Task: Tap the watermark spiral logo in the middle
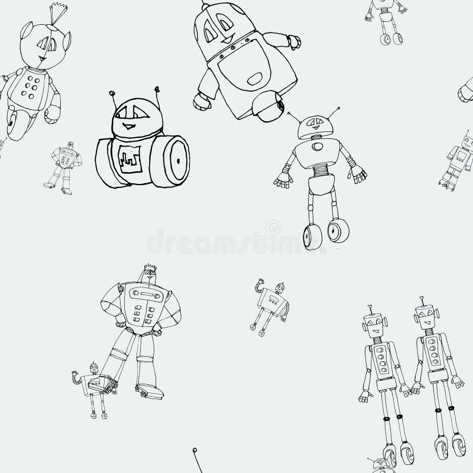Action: (x=273, y=227)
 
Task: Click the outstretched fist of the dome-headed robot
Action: (x=293, y=41)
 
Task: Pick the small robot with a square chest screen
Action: (x=459, y=160)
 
